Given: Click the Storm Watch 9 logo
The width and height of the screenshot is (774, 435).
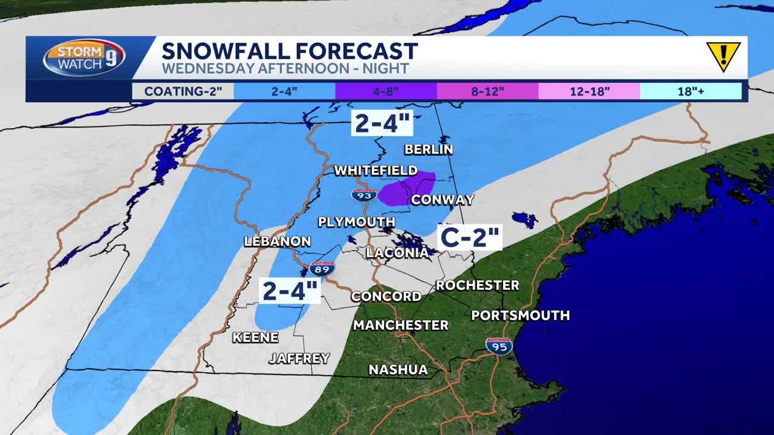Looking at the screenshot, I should click(x=84, y=58).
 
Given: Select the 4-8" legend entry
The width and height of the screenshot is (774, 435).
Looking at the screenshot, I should click(x=386, y=91).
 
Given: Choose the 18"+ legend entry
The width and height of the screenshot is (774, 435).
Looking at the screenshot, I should click(x=691, y=91).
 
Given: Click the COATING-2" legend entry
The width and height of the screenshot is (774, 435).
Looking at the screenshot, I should click(x=183, y=91).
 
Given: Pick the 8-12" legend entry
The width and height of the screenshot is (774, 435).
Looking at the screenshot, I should click(x=487, y=91).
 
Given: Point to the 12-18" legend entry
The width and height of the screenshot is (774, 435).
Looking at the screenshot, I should click(x=589, y=91).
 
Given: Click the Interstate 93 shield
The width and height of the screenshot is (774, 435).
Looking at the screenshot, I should click(x=364, y=195).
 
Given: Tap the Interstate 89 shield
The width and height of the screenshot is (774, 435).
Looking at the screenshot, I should click(x=322, y=269).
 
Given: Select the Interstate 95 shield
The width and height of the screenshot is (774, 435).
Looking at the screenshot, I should click(x=499, y=346).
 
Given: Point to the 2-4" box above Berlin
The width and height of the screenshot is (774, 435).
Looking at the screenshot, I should click(x=383, y=123).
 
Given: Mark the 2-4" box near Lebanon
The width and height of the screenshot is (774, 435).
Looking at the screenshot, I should click(x=290, y=291).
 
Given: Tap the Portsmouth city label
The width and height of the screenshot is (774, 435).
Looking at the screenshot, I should click(x=520, y=315).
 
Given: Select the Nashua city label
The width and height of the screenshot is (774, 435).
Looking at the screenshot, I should click(x=398, y=369).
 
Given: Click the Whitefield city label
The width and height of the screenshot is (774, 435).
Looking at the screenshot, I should click(x=376, y=170).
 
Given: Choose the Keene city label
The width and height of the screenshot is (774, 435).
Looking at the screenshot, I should click(x=255, y=337).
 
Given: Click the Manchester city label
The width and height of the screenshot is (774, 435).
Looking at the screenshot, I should click(x=400, y=325).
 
